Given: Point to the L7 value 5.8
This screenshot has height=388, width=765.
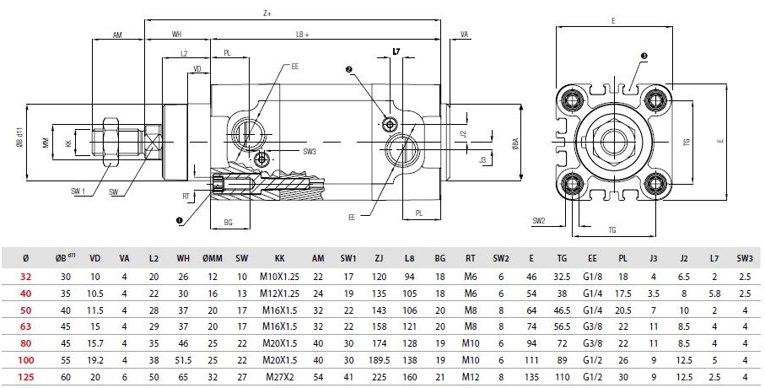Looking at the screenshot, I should click(x=714, y=291).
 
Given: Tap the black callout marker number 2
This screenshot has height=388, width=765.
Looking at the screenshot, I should click(x=348, y=68).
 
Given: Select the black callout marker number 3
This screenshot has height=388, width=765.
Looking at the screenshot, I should click(x=644, y=56).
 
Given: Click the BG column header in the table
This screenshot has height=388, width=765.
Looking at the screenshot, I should click(x=439, y=257).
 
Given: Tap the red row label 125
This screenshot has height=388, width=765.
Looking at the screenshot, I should click(x=25, y=377).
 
